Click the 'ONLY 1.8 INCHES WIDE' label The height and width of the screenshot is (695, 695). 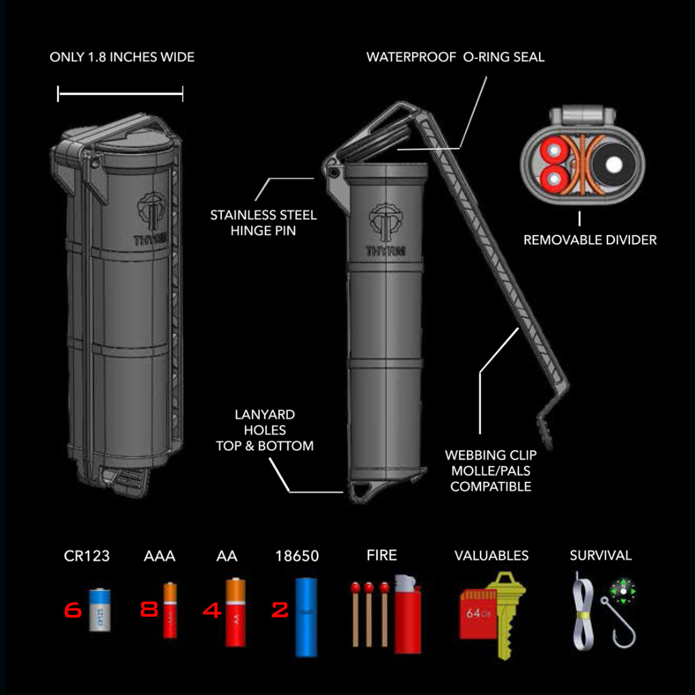tap(122, 57)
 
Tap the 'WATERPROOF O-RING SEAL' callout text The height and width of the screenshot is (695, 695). tap(455, 57)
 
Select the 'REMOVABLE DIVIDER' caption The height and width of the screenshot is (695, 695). tap(590, 240)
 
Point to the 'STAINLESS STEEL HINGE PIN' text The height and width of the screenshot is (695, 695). tap(263, 223)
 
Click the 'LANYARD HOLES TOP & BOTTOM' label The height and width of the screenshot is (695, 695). tap(265, 430)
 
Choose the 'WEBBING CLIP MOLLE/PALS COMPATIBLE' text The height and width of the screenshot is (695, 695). tap(491, 470)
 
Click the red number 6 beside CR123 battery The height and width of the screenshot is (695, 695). tap(73, 610)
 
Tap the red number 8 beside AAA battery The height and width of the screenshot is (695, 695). tap(149, 610)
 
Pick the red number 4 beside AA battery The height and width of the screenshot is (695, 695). tap(212, 610)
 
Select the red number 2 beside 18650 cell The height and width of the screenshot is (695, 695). tap(280, 610)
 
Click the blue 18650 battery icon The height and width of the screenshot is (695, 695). tap(306, 617)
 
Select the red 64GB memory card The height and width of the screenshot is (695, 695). tap(477, 614)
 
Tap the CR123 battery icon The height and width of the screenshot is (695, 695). tap(99, 609)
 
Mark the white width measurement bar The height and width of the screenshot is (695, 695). tap(120, 94)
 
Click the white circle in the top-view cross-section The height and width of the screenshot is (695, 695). tap(615, 165)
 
